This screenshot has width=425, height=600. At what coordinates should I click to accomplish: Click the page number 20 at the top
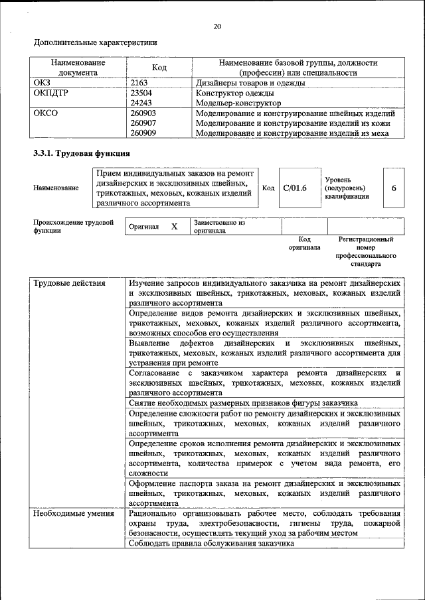point(216,27)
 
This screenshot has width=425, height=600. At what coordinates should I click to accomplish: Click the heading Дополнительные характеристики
point(96,43)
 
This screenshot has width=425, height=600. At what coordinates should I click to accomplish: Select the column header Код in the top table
point(159,68)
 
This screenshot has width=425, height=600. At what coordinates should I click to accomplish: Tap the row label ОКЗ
point(42,83)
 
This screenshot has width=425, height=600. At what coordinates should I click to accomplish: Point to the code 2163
point(139,83)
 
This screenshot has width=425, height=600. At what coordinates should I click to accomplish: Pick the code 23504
point(141,93)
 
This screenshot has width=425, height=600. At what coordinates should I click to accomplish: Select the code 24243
point(141,103)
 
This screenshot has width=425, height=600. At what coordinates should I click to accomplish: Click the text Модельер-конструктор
point(238,103)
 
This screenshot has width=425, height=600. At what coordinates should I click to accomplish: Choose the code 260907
point(143,123)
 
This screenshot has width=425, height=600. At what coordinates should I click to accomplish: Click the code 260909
point(143,133)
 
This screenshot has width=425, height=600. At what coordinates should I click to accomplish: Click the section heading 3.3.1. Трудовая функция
point(82,154)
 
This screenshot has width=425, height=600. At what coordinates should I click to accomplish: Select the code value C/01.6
point(295,188)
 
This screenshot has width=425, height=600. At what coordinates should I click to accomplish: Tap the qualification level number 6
point(394,188)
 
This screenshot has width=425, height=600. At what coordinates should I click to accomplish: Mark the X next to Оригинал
point(175,227)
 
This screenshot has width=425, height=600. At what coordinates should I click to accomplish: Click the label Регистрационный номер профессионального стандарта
point(366,251)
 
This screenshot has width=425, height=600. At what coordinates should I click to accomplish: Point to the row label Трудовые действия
point(69,284)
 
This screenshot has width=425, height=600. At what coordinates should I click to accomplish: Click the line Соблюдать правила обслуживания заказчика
point(212,544)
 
